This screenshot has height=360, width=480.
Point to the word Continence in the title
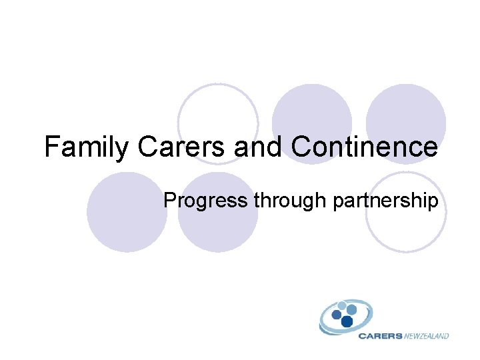click(365, 147)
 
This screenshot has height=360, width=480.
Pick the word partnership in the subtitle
click(382, 201)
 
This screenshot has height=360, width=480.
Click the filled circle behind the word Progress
click(218, 220)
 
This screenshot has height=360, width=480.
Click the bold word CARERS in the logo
click(380, 336)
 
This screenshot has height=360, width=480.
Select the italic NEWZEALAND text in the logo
click(427, 336)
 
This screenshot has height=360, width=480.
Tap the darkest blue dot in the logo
click(347, 321)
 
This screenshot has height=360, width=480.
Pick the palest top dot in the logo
click(342, 306)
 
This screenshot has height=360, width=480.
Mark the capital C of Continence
click(301, 147)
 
